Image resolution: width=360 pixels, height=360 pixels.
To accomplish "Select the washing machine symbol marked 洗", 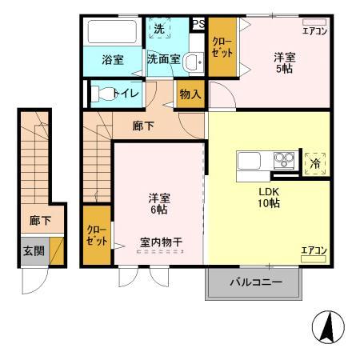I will tap(159, 30).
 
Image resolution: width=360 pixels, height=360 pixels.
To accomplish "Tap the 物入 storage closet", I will tap(190, 94).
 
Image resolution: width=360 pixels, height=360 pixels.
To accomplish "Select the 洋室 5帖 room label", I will tap(284, 63).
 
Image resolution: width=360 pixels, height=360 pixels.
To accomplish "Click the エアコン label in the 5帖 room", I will tap(314, 30).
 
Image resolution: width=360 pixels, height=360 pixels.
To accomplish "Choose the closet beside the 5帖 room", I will tap(221, 47).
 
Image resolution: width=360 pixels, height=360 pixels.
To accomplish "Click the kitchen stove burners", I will tap(284, 158).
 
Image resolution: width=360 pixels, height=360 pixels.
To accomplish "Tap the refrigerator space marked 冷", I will tap(314, 161).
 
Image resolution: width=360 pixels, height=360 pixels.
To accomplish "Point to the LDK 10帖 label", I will tap(268, 198).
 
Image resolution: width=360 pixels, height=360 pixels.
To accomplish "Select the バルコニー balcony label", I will tap(256, 282).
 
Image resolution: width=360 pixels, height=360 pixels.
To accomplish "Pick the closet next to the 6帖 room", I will tap(98, 236).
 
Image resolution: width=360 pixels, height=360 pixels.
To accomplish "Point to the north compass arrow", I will tap(326, 329).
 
